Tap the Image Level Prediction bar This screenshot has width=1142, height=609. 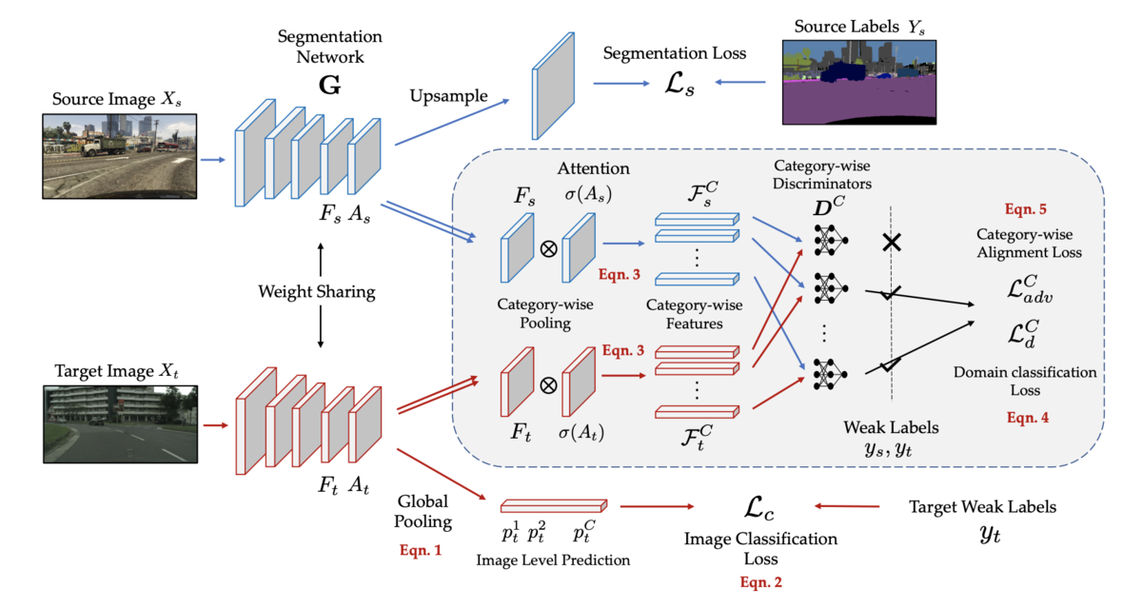click(x=553, y=506)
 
